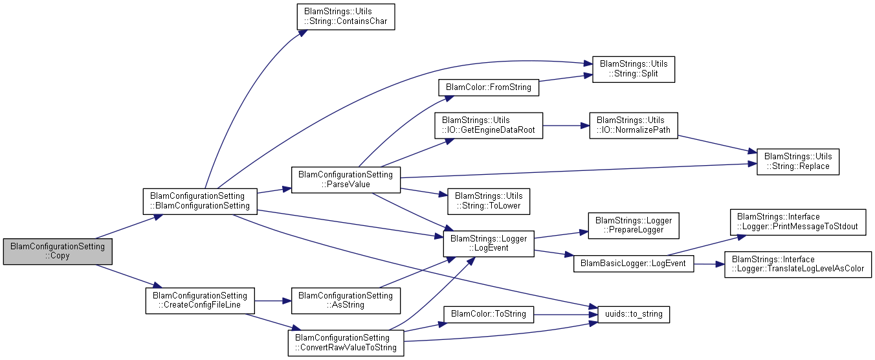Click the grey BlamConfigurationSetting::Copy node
(x=58, y=251)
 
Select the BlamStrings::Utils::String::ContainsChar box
(x=346, y=17)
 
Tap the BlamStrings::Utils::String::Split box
(x=634, y=69)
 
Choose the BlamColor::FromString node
(x=489, y=87)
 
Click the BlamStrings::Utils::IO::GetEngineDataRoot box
(x=489, y=125)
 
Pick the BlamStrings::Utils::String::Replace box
(x=798, y=161)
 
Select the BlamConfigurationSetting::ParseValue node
(x=346, y=179)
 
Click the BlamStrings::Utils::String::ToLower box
(x=489, y=200)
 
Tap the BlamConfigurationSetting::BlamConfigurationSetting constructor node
(x=200, y=201)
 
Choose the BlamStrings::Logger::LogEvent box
(x=489, y=243)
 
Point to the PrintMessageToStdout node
(x=797, y=221)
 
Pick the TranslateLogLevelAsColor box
(x=797, y=264)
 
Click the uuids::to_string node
(x=628, y=315)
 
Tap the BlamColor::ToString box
(x=489, y=315)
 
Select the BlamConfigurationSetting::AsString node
(x=346, y=300)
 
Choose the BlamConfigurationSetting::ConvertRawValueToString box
(x=346, y=343)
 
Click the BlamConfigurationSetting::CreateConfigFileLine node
(x=200, y=300)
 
